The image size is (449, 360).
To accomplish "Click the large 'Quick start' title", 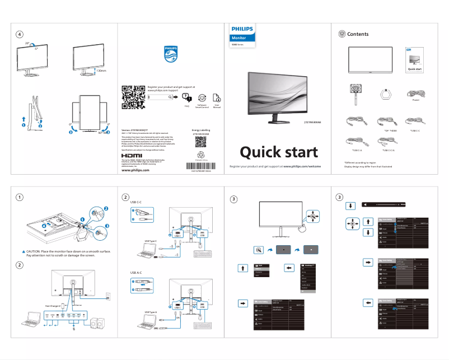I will point(279,152).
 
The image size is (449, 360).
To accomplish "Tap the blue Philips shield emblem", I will point(170,55).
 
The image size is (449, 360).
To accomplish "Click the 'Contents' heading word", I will point(358,34).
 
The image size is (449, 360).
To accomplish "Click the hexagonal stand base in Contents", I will point(385,94).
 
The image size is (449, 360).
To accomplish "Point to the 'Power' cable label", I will point(415,101).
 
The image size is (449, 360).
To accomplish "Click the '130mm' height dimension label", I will point(101,71).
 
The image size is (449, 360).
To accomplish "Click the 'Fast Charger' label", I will point(53,306).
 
